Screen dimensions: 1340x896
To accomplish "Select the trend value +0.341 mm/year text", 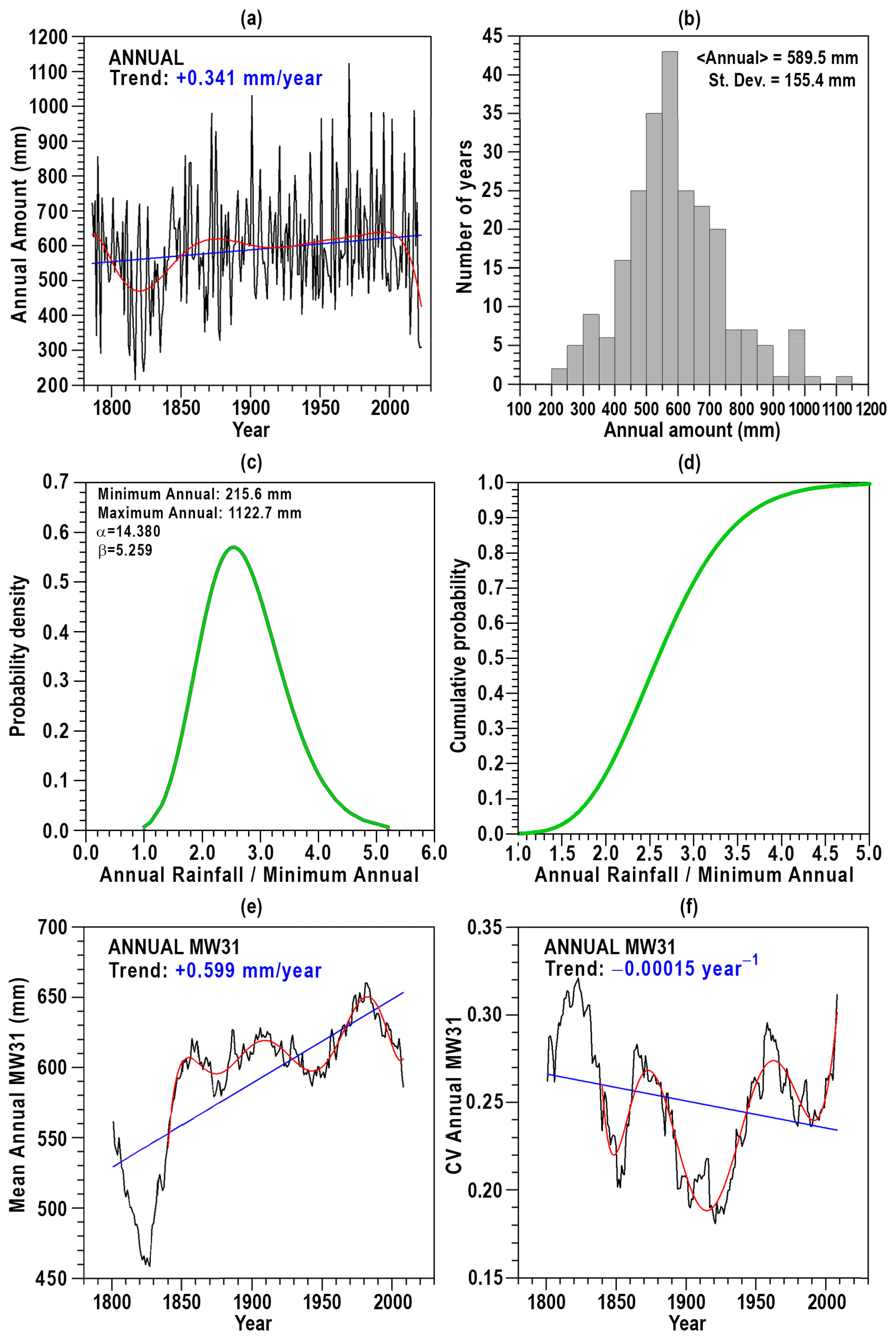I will click(249, 78).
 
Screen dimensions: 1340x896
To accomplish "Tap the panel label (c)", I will click(252, 462).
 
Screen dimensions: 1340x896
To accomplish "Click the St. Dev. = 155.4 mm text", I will click(782, 80).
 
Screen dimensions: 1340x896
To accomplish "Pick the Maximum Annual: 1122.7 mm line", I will click(199, 513).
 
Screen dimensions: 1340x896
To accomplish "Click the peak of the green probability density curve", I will click(232, 547).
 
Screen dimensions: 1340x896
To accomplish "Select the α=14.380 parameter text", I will click(128, 531).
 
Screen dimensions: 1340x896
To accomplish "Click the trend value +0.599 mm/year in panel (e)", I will click(248, 970).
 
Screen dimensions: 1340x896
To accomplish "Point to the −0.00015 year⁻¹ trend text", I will click(684, 968).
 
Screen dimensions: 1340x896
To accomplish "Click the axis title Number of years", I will click(465, 216).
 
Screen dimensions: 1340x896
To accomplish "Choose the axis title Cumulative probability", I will click(459, 656).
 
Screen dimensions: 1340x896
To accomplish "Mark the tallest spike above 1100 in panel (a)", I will click(349, 64).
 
